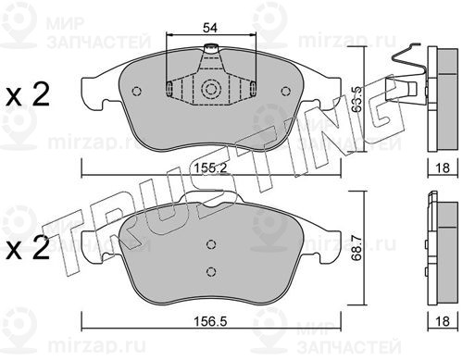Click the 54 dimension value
210,28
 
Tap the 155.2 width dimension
210,168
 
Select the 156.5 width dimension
210,322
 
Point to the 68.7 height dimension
357,249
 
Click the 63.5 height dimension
357,100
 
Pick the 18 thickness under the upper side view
443,168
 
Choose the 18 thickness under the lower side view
443,322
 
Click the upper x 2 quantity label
28,94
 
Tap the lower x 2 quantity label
28,248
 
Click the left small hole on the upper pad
136,91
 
